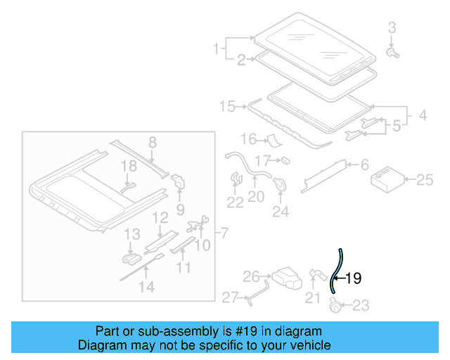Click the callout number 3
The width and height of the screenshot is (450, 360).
coord(392,28)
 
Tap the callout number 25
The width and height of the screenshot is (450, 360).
coord(424,181)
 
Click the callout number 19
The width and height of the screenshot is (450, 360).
coord(353,278)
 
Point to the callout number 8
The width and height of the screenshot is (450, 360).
coord(151,143)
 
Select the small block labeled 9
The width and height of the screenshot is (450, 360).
coord(179,181)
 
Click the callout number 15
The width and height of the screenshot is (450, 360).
coord(226,107)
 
